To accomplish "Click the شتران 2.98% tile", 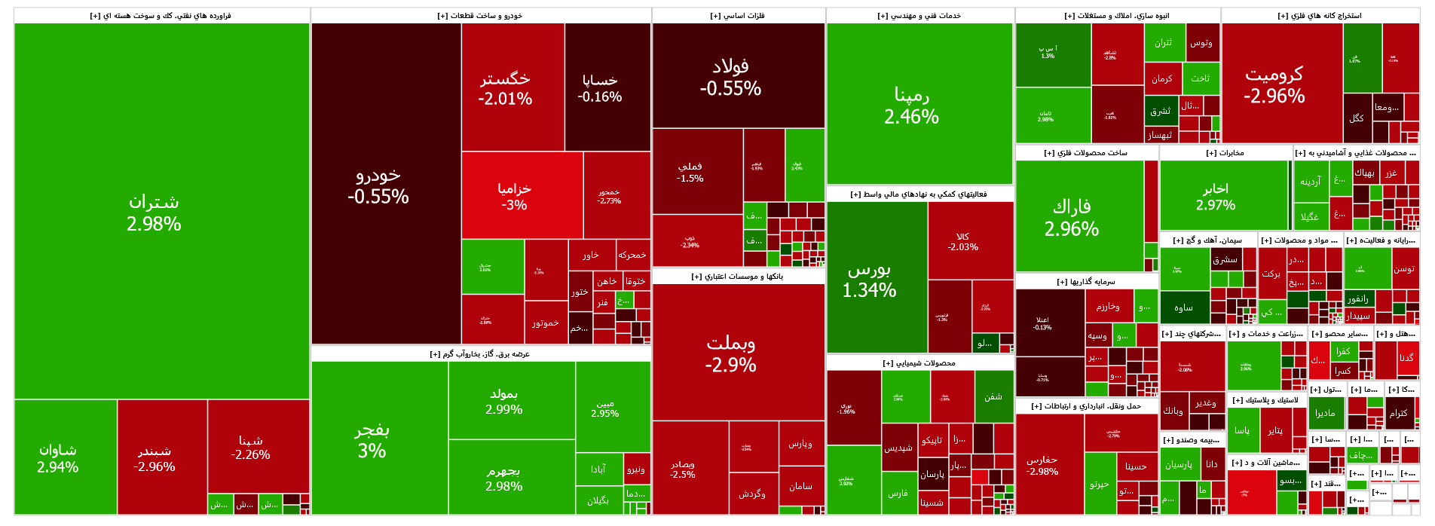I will pos(155,213).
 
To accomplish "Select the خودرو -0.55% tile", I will pos(378,185).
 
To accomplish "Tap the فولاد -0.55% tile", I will pos(730,78).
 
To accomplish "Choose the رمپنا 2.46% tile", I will pos(911,106).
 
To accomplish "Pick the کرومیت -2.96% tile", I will pos(1274,84).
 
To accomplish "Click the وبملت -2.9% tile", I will pos(730,354).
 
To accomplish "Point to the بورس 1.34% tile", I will pos(869,279).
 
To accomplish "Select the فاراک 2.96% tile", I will pos(1072,217).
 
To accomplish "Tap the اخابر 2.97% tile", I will pos(1216,196).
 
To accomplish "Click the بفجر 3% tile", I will pos(372,440).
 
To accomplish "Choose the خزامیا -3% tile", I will pos(514,196).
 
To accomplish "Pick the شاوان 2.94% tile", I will pos(58,458).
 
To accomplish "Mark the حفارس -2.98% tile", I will pos(1042,465).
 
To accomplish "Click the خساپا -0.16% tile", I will pos(600,87).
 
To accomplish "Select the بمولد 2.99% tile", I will pos(504,401).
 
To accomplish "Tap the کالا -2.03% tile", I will pos(962,241).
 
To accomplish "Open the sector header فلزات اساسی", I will pos(738,16).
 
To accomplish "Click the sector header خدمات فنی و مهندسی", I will pos(919,16).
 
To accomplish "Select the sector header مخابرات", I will pos(1225,153).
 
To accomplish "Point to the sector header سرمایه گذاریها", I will pos(1085,282).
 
